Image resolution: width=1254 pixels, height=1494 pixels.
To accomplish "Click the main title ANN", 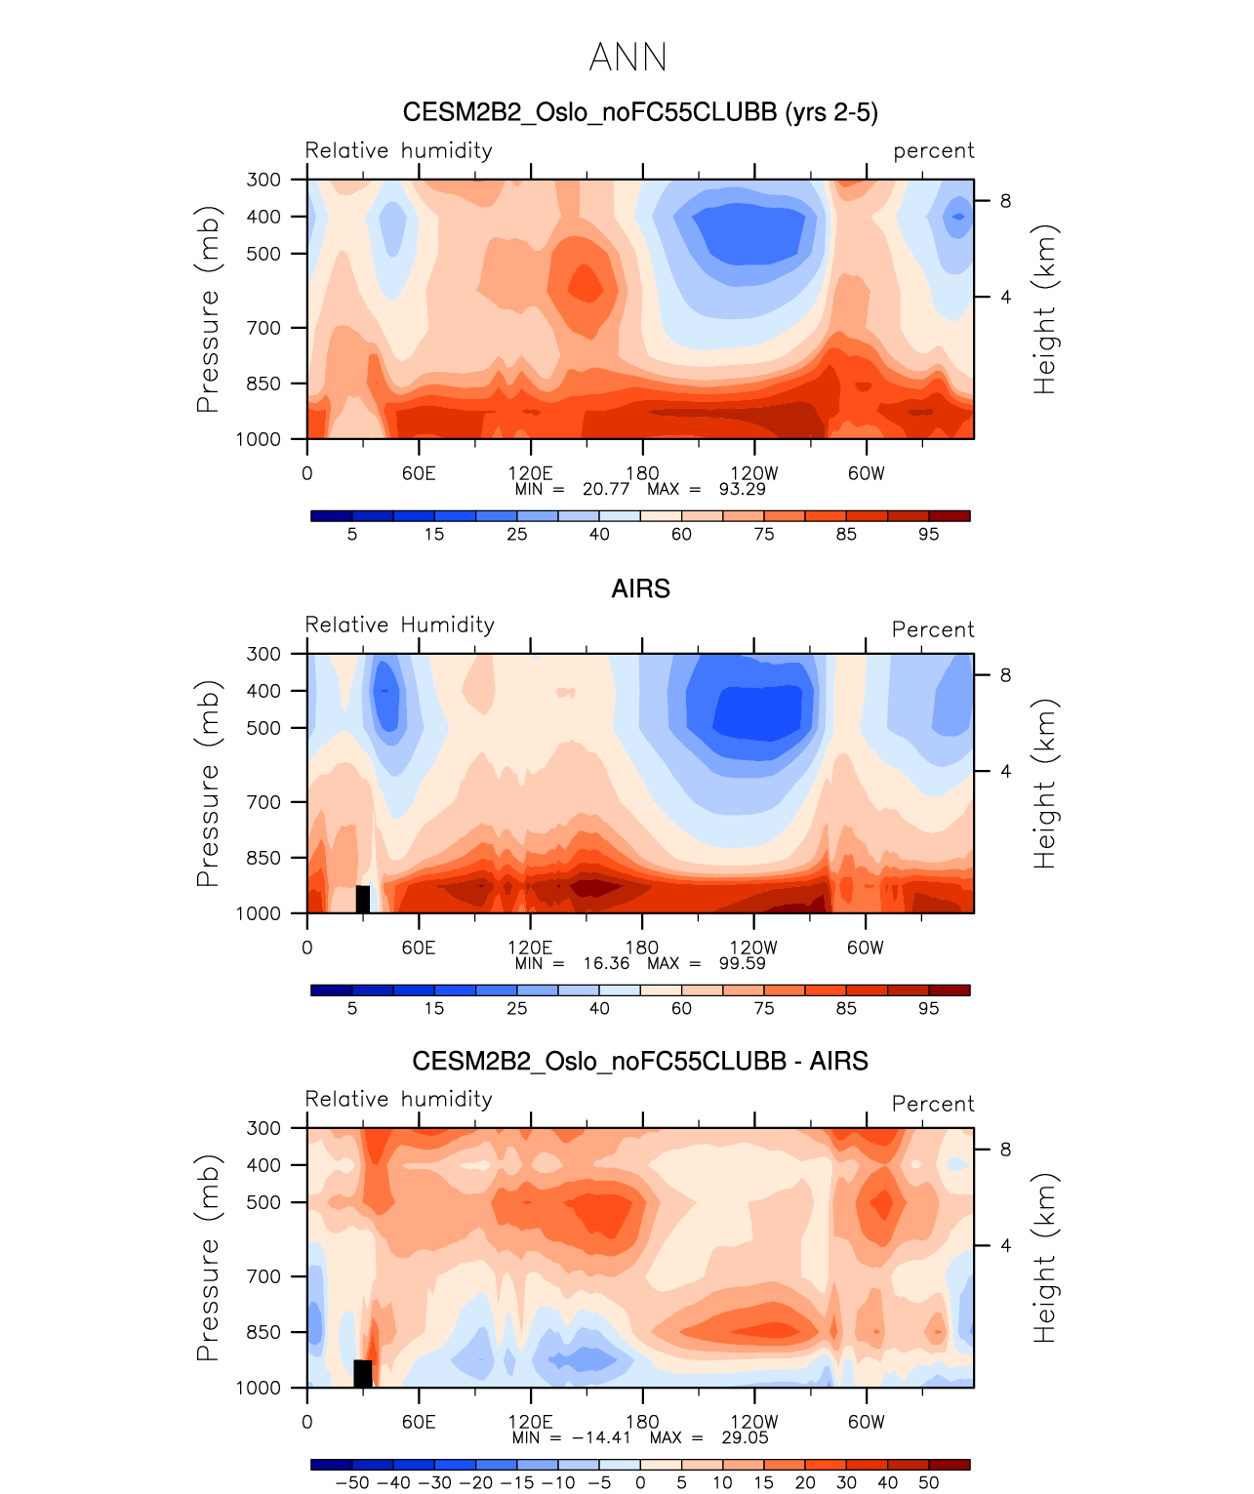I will [627, 58].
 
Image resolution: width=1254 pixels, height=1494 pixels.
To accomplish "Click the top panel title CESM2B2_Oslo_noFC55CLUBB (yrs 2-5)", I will [640, 112].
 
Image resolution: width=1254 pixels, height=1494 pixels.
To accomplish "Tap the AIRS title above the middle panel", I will [640, 588].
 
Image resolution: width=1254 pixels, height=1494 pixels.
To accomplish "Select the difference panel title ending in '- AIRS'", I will [640, 1061].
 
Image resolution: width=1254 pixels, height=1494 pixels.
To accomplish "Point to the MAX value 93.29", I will [742, 489].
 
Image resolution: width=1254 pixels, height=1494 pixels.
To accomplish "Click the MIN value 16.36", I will [606, 963].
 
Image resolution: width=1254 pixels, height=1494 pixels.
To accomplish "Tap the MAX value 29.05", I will [745, 1437].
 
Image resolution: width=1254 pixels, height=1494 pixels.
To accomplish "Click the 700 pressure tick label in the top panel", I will [263, 328].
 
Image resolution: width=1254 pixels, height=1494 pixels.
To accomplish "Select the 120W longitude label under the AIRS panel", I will [753, 948].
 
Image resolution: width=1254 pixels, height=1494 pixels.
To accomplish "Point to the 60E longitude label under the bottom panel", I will [419, 1422].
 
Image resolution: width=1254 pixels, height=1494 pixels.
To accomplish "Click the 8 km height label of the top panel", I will [1005, 201].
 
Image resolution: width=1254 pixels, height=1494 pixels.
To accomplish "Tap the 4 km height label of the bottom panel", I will [1005, 1245].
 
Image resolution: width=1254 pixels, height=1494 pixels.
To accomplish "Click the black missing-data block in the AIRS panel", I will [363, 899].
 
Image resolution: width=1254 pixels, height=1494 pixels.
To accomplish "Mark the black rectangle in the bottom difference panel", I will [363, 1373].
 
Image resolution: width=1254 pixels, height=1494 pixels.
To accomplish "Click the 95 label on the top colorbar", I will [928, 534].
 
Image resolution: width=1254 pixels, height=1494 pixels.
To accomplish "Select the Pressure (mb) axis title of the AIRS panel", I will [208, 783].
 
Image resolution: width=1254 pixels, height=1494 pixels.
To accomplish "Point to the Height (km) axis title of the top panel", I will [1045, 309].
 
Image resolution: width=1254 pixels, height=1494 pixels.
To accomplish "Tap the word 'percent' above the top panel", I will [933, 151].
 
